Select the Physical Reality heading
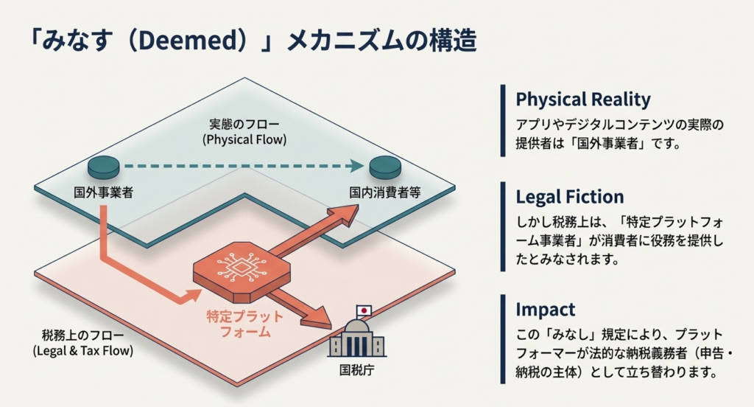pos(582,99)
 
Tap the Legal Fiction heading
pos(569,197)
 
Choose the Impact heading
pos(545,309)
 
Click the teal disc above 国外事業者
pos(103,167)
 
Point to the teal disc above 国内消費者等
pos(384,167)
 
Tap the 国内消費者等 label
pos(384,192)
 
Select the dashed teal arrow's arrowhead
pos(358,167)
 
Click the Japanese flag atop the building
pos(364,311)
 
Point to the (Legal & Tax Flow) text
pos(83,351)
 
